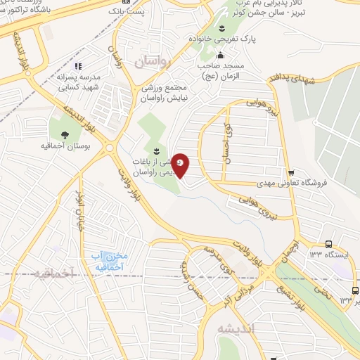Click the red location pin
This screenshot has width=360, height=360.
181,165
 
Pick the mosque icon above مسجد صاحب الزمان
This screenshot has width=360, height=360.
221,56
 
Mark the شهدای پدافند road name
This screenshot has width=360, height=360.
280,83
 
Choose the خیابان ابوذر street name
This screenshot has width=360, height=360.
82,213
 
